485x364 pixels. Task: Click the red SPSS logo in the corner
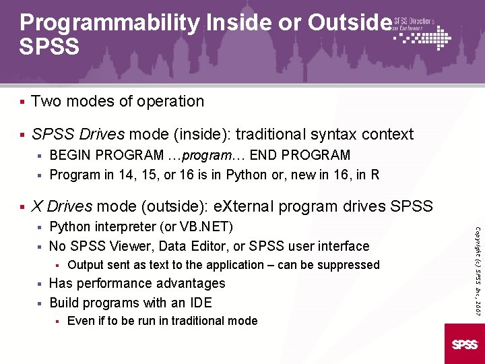point(465,344)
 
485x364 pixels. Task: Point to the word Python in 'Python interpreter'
point(70,226)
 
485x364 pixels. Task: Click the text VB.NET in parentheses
point(207,226)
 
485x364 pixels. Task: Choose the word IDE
point(201,302)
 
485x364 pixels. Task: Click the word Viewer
point(123,246)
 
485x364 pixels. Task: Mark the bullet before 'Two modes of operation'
point(22,102)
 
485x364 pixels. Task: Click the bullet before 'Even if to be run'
point(59,322)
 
